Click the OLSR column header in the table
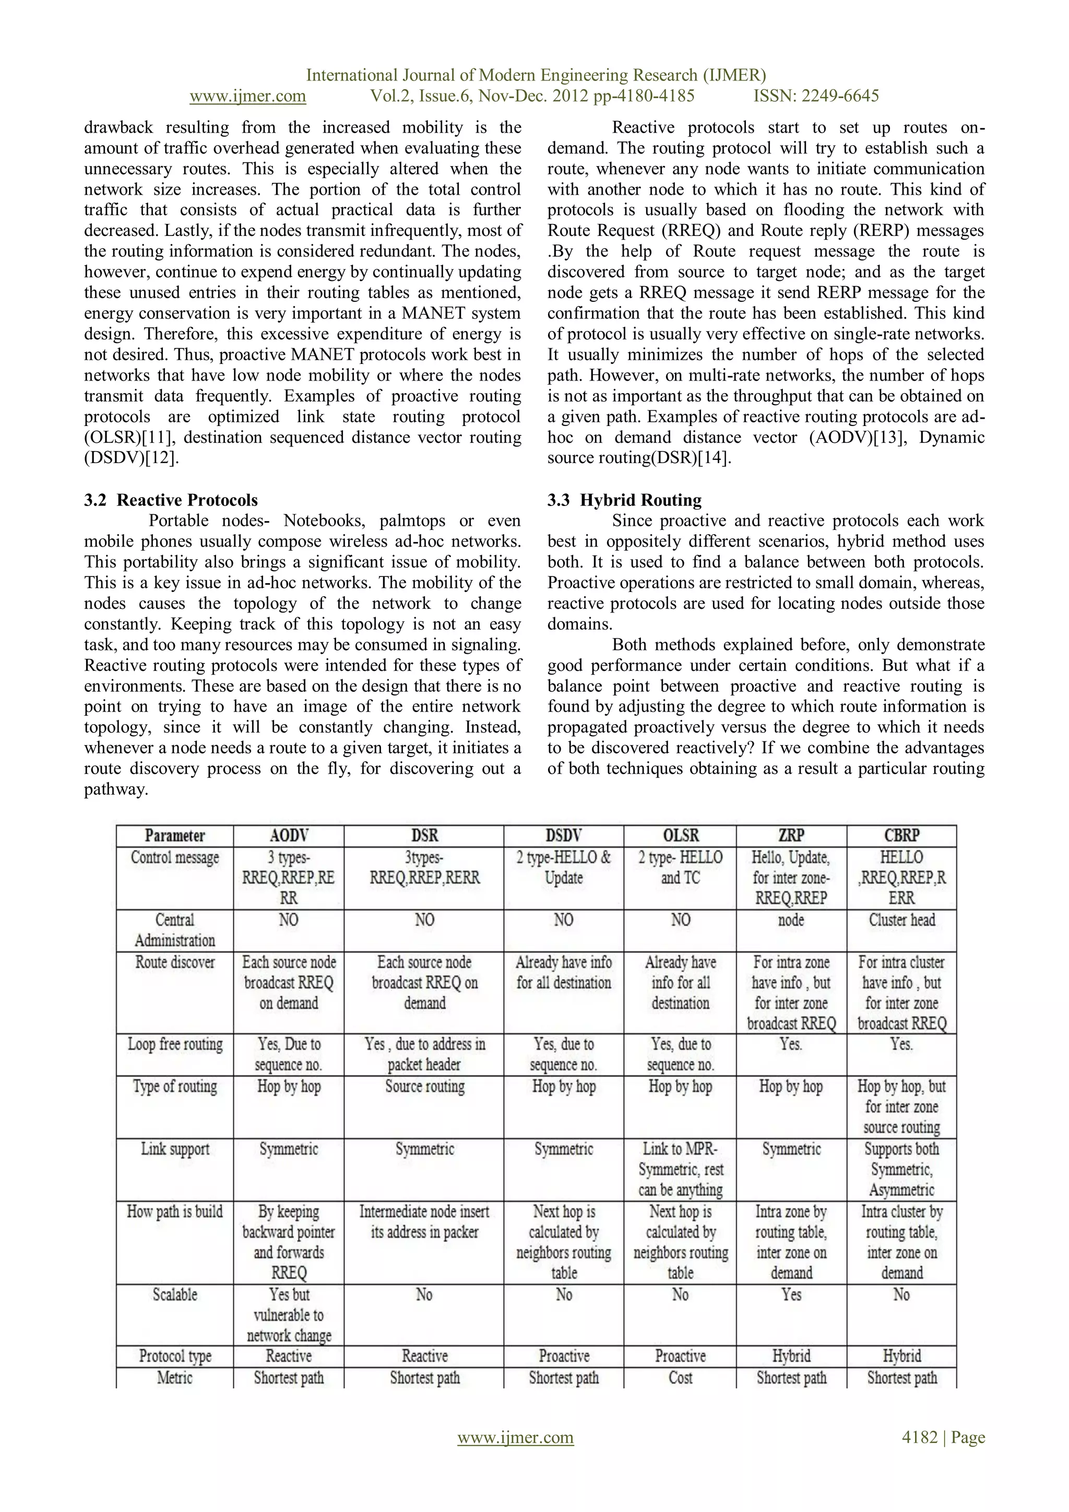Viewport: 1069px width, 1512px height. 680,836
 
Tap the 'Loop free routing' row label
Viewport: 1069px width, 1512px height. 175,1044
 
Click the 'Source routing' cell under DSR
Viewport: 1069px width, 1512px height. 424,1086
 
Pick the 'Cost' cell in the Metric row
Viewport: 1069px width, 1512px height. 680,1378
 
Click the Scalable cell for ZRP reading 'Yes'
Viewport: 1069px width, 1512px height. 791,1295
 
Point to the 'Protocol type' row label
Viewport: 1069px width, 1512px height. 175,1356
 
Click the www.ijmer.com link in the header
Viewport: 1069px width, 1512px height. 247,96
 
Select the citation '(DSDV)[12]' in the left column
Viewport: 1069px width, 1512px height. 131,458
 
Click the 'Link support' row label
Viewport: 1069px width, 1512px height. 175,1149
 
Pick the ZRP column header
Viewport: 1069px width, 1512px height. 791,836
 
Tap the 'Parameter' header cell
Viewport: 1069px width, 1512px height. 175,836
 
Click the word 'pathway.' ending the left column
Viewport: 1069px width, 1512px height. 116,789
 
